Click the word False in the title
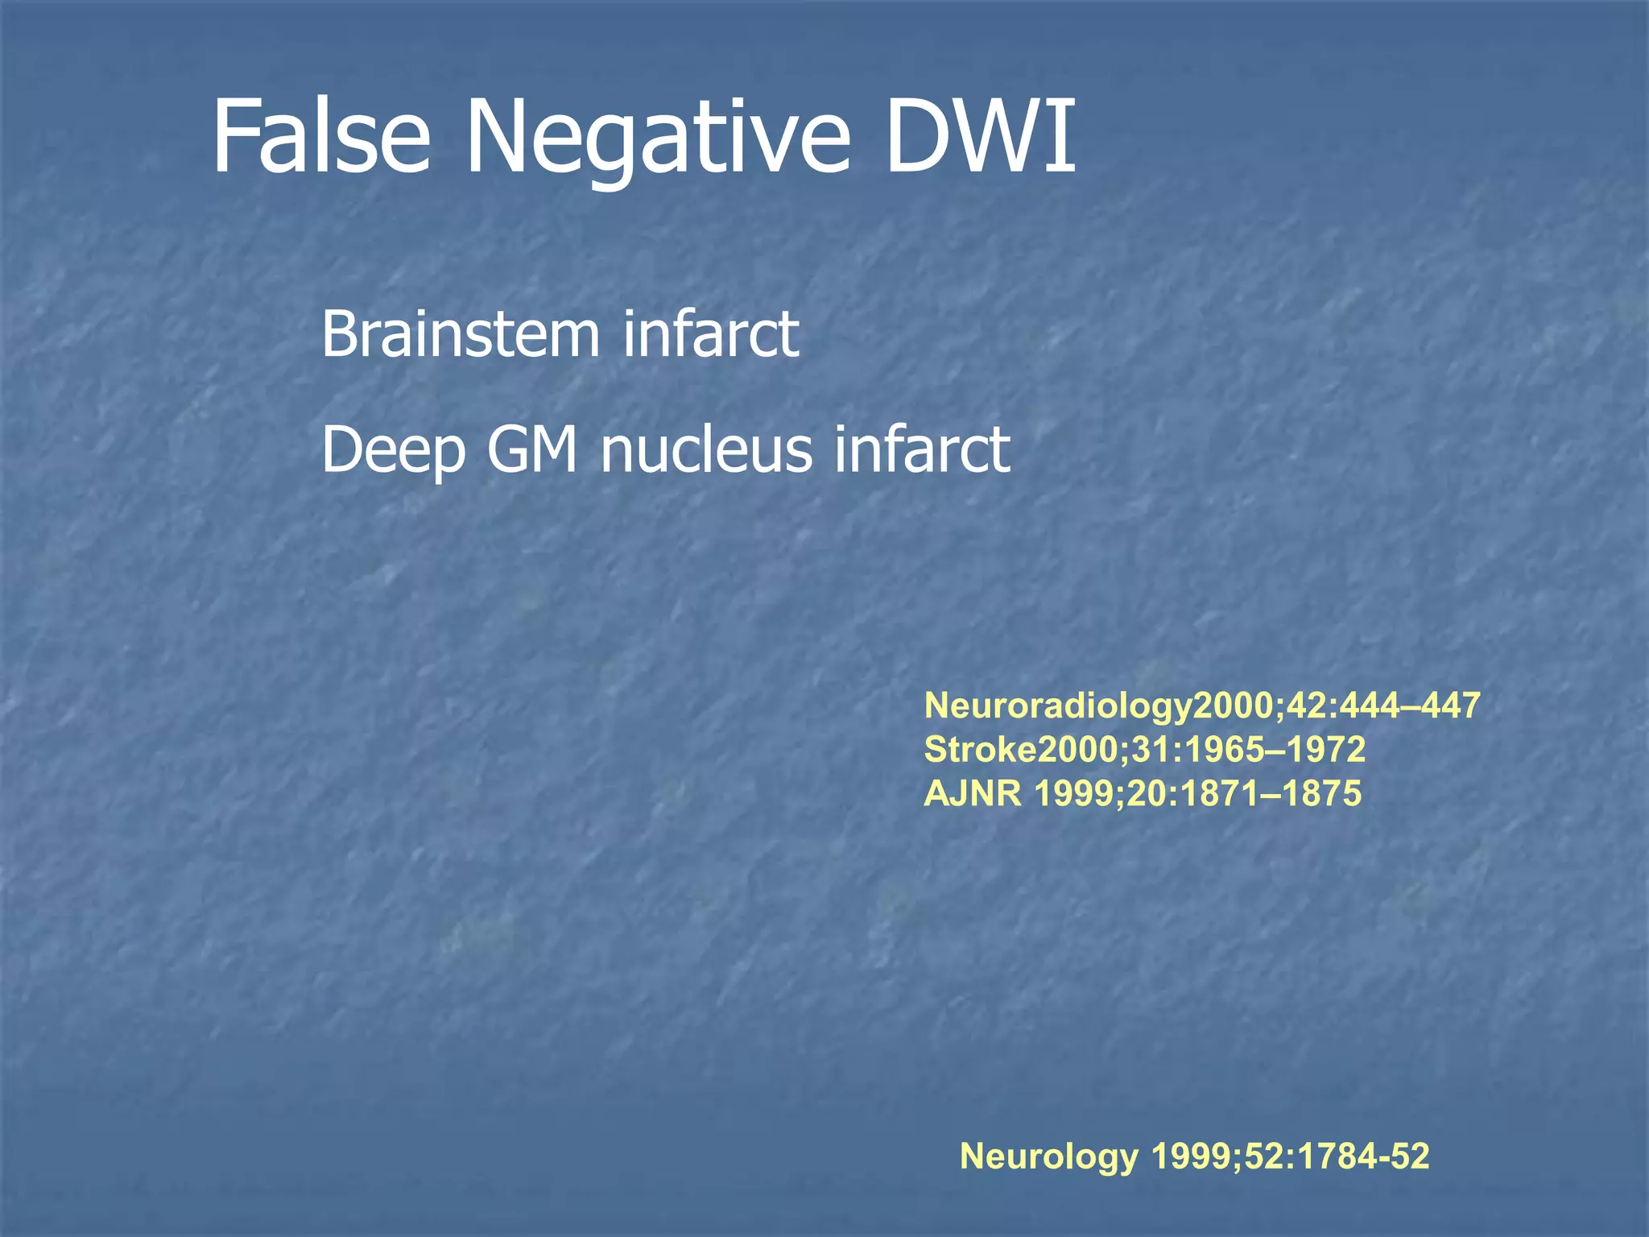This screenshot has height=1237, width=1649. point(320,137)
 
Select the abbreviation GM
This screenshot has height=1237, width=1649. point(532,449)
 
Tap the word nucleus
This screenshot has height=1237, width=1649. point(706,449)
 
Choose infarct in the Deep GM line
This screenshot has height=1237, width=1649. point(922,449)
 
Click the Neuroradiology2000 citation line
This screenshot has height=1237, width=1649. point(1202,706)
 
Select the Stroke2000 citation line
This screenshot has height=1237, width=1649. point(1144,750)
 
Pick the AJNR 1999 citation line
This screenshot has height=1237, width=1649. point(1143,794)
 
